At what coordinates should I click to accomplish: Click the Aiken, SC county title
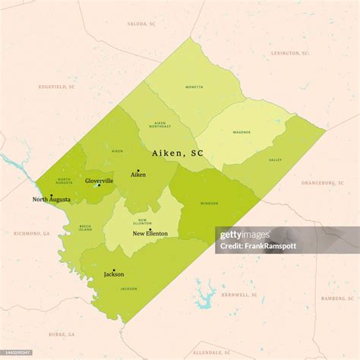pyautogui.click(x=178, y=153)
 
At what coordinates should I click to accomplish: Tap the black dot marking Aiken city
pyautogui.click(x=138, y=170)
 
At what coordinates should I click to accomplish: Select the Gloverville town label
pyautogui.click(x=99, y=181)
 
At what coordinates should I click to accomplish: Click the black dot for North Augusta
pyautogui.click(x=52, y=195)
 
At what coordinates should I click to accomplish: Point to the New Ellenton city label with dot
pyautogui.click(x=150, y=232)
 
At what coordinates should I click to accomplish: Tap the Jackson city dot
pyautogui.click(x=114, y=270)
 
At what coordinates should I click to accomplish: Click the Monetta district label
pyautogui.click(x=194, y=87)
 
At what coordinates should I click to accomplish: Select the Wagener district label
pyautogui.click(x=242, y=132)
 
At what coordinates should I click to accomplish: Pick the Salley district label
pyautogui.click(x=275, y=160)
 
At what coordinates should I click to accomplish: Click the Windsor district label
pyautogui.click(x=209, y=204)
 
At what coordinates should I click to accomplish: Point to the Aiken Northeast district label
pyautogui.click(x=160, y=125)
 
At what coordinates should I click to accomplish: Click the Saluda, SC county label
pyautogui.click(x=142, y=24)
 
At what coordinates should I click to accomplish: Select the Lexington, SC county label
pyautogui.click(x=290, y=54)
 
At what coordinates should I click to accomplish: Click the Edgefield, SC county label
pyautogui.click(x=57, y=87)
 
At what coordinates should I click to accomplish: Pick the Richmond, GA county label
pyautogui.click(x=31, y=234)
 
